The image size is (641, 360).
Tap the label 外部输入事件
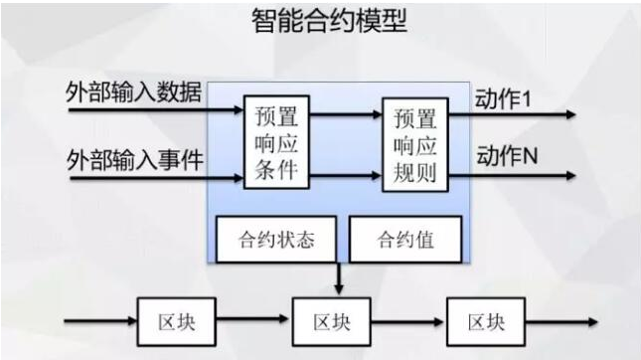pyautogui.click(x=134, y=158)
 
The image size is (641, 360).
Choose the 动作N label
pyautogui.click(x=506, y=156)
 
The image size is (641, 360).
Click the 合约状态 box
pyautogui.click(x=277, y=240)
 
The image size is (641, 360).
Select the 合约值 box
pyautogui.click(x=404, y=240)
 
